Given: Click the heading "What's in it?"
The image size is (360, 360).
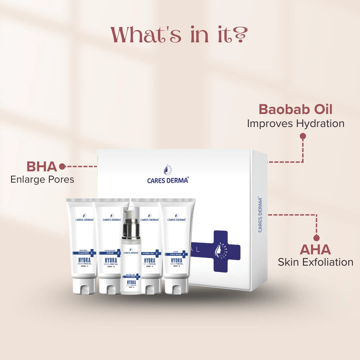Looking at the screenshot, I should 180,34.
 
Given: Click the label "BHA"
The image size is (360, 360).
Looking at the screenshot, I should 42,166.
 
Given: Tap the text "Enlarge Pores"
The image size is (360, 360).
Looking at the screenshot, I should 42,179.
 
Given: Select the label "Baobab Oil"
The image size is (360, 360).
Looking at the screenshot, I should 295,109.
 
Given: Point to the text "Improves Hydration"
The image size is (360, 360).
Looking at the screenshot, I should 295,123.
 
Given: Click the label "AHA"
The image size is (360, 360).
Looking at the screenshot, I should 315,249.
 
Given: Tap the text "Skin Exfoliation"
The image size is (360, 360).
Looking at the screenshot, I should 315,262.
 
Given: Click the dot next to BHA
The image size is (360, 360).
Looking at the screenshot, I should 62,166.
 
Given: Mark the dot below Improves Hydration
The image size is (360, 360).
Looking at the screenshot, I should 303,136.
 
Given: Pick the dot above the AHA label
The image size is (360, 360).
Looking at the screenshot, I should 316,238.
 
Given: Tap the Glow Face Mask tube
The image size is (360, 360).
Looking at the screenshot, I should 177,243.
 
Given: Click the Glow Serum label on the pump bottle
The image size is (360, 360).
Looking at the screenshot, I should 130,276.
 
